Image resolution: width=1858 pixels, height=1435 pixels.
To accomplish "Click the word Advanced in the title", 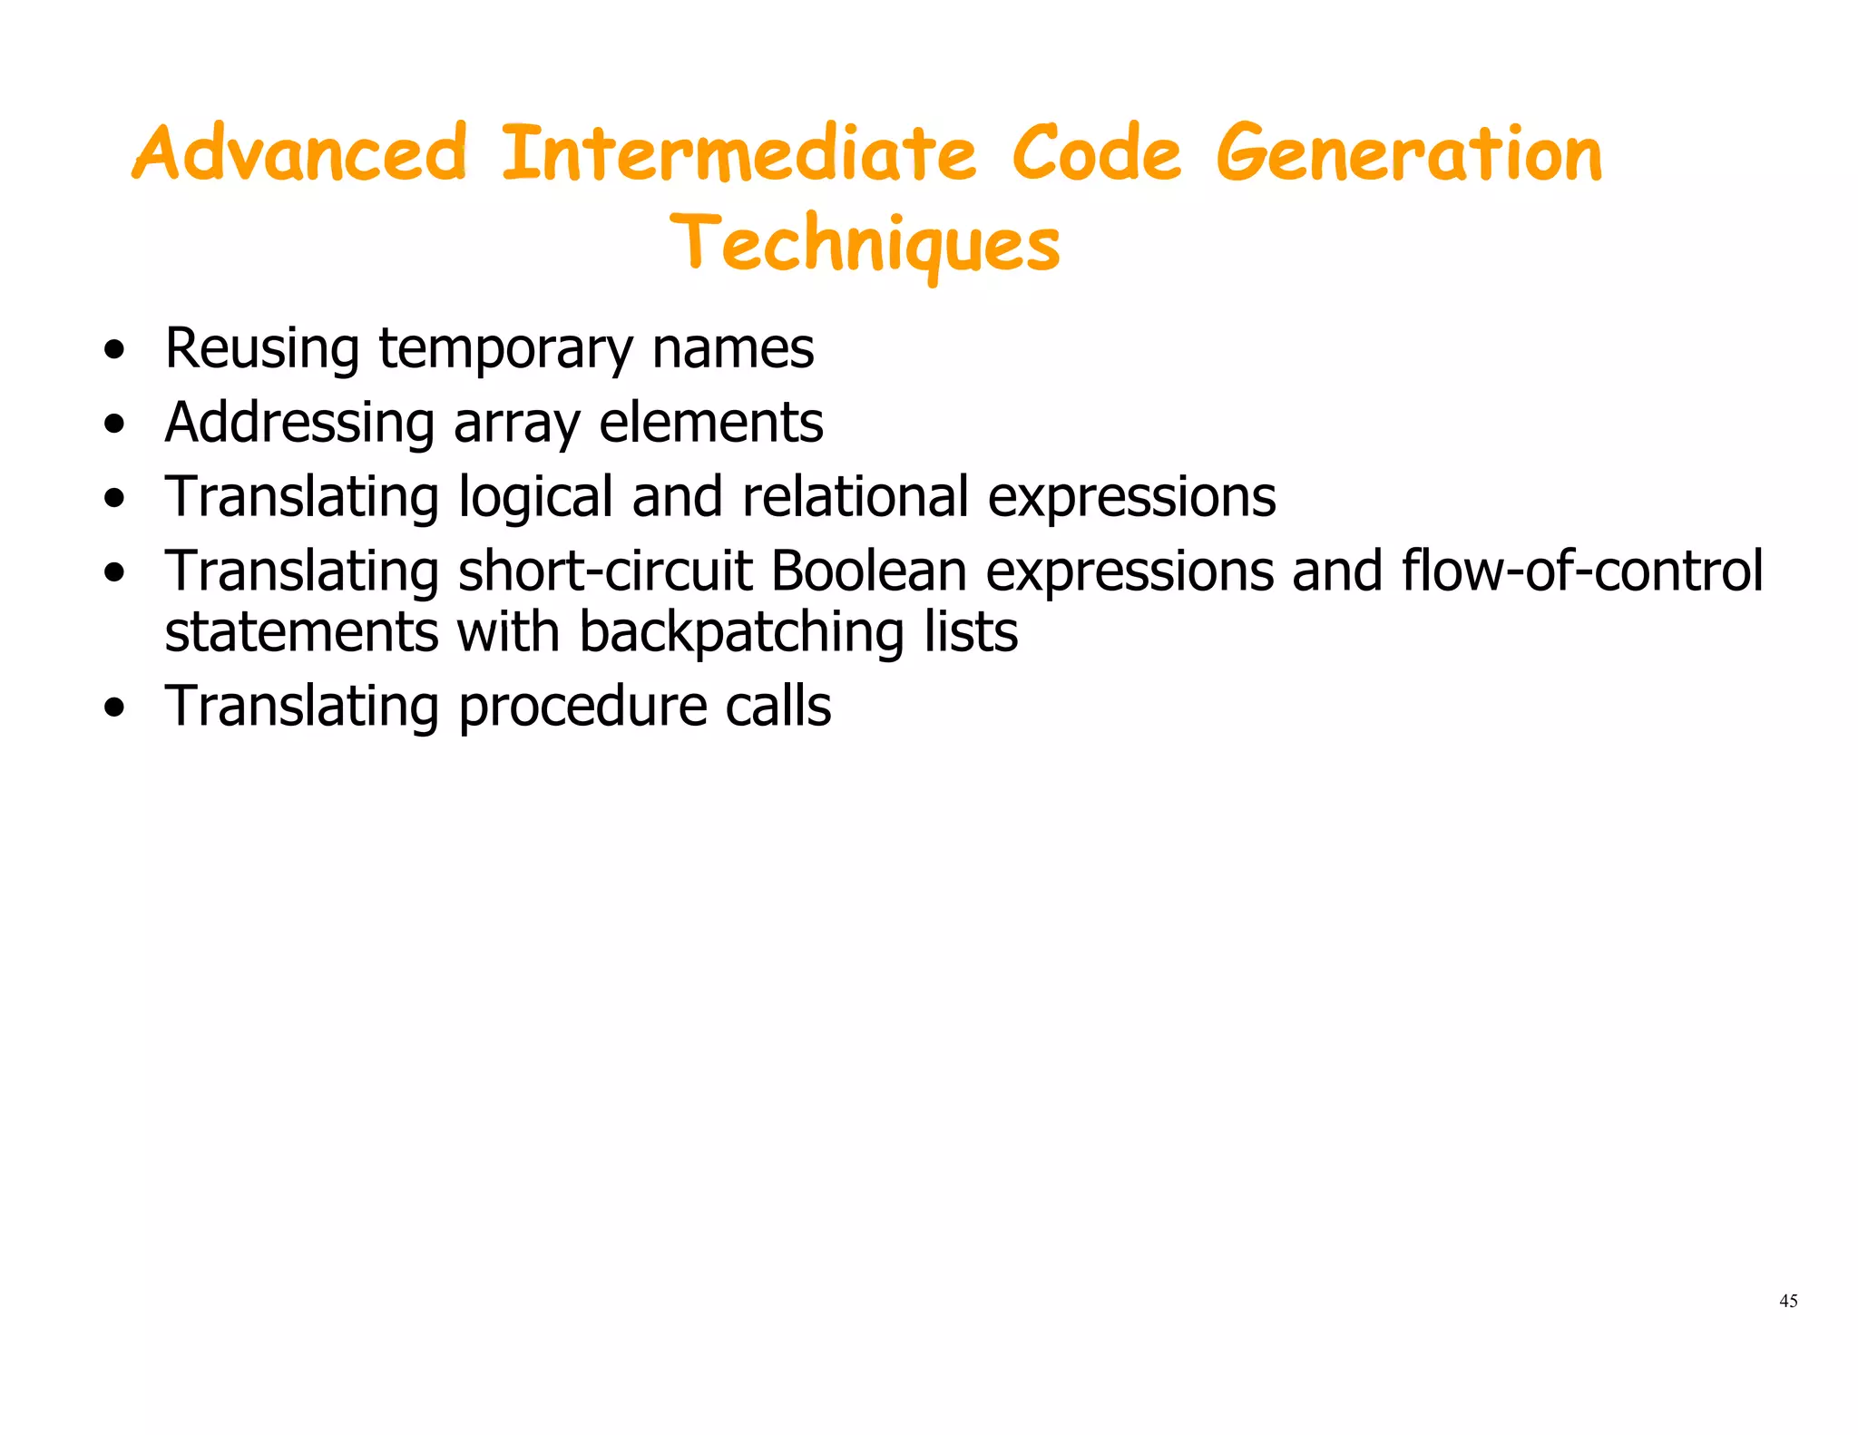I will coord(299,153).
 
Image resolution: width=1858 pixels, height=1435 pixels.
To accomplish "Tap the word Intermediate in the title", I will coord(738,153).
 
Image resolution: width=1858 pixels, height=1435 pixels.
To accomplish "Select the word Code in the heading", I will coord(1096,153).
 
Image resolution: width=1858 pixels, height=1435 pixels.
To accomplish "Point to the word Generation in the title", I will coord(1409,153).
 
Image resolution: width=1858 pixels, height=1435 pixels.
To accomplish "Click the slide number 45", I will coord(1788,1301).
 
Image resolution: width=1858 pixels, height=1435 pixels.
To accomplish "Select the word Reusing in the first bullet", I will coord(262,349).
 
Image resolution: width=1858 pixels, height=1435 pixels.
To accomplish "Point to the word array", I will coord(516,424).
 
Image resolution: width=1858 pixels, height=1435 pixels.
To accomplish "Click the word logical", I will coord(535,498).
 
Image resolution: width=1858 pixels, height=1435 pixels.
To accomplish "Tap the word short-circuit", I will coord(605,572).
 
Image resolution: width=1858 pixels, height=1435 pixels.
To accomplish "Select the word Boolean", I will coord(868,572).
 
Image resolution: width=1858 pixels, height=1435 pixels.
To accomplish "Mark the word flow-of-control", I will coord(1582,572).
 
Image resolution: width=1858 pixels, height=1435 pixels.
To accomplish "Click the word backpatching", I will coord(741,633).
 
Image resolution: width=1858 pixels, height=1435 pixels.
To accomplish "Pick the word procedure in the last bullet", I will coord(582,707).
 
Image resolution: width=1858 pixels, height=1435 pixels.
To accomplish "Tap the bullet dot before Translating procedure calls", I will coord(114,708).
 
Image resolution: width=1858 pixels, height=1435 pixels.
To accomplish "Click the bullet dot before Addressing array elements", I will coord(114,425).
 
